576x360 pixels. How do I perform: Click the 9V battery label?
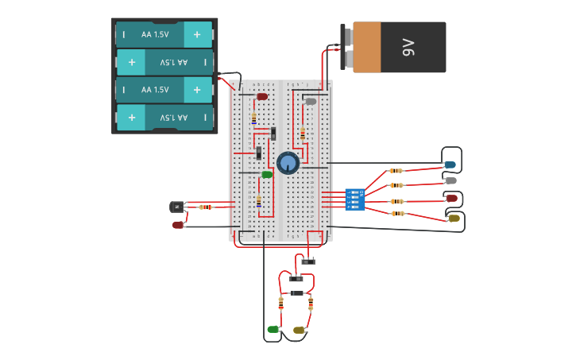(408, 48)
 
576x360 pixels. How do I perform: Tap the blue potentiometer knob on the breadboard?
(288, 163)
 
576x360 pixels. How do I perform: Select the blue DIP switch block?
(355, 199)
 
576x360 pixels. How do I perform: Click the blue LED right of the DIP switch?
(450, 165)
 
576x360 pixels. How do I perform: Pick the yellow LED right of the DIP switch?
(454, 218)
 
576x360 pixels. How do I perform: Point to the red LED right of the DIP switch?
(451, 198)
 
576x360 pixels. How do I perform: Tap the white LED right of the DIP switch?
(450, 181)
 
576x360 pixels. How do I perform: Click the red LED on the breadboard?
(262, 97)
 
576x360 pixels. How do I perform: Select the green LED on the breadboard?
(267, 174)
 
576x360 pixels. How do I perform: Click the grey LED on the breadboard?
(311, 102)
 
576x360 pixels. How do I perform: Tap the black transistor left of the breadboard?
(176, 207)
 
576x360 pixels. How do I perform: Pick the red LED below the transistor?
(178, 225)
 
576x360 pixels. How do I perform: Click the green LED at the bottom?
(273, 329)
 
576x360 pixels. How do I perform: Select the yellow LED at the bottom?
(299, 330)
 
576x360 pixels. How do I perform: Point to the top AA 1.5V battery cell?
(164, 35)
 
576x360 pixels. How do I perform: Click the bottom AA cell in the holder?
(164, 118)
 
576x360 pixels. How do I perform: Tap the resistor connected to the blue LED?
(396, 171)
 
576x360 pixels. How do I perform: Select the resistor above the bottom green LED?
(280, 303)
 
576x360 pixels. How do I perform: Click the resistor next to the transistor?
(205, 207)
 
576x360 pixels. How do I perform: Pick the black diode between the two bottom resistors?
(296, 293)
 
